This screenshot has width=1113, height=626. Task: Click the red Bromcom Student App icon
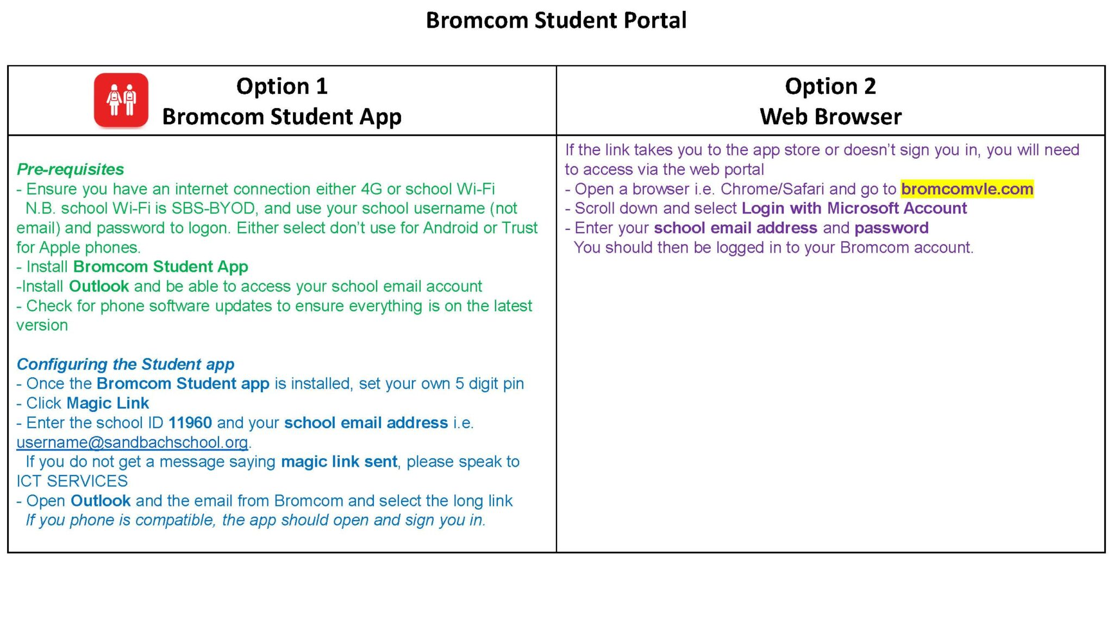coord(121,101)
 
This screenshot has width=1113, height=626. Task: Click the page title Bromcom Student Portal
coord(556,20)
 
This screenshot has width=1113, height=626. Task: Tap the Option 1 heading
coord(282,86)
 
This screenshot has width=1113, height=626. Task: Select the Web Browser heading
coord(830,117)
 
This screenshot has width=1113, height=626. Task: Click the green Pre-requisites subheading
coord(70,170)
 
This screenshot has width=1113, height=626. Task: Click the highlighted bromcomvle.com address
coord(967,189)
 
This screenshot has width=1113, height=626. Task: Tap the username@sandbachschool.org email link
coord(132,442)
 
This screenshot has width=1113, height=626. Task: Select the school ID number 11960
coord(190,423)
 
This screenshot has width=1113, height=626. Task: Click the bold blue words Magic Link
coord(108,403)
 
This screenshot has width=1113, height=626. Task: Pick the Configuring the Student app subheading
coord(126,364)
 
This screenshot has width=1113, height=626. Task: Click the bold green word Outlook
coord(99,286)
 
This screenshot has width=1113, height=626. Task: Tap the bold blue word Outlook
coord(101,501)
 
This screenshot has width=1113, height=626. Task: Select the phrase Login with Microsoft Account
coord(854,209)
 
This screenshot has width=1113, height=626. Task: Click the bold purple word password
coord(891,228)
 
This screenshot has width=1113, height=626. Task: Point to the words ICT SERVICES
coord(72,481)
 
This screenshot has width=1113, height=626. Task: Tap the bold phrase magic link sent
coord(339,462)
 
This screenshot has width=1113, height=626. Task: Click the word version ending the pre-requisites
coord(42,325)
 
